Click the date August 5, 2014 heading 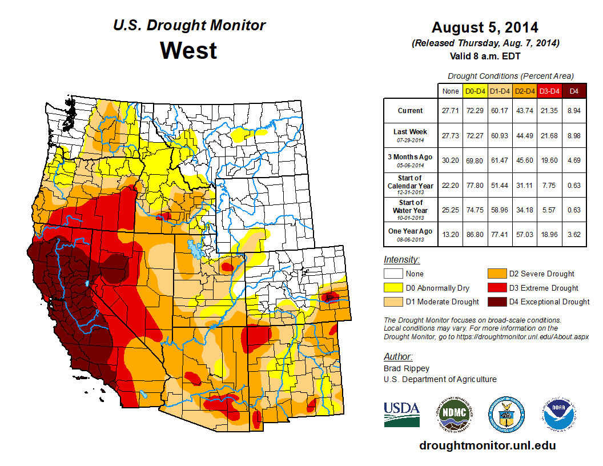(x=485, y=27)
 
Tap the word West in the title (x=188, y=50)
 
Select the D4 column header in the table (x=574, y=91)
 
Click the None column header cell (x=450, y=91)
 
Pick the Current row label (x=411, y=111)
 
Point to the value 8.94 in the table (x=574, y=111)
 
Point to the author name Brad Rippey (x=406, y=368)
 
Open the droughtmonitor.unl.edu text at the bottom (x=487, y=445)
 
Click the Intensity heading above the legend (x=401, y=259)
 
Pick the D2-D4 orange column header (x=524, y=91)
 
